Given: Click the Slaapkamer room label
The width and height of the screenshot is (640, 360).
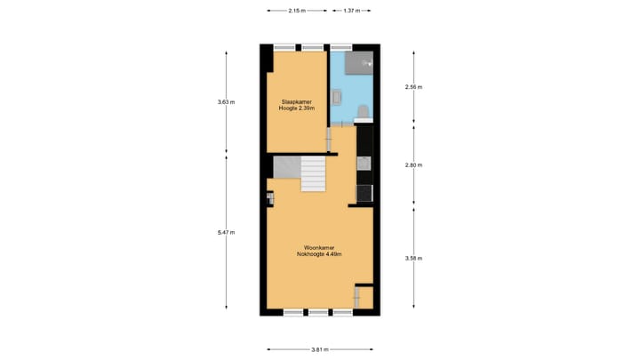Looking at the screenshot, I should (x=297, y=101).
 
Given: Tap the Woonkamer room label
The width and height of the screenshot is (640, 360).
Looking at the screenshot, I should (x=319, y=247).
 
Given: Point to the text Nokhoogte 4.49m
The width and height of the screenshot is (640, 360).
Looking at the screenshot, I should (x=319, y=254).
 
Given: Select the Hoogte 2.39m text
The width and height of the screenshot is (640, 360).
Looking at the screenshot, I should (x=297, y=108).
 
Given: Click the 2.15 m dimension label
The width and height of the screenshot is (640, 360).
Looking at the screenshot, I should (x=297, y=11).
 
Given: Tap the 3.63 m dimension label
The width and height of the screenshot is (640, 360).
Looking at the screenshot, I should (x=226, y=102).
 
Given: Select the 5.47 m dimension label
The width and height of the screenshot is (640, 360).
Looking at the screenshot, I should (x=226, y=232).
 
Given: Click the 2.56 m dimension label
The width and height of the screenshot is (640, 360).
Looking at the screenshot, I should (x=413, y=87).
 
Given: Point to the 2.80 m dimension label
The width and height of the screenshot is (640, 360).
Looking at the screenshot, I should (x=413, y=165).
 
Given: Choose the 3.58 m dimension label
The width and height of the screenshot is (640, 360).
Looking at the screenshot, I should (x=413, y=259).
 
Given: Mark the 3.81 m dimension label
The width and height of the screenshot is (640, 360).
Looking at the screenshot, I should (x=320, y=349).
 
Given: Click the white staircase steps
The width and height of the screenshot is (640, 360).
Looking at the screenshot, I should (x=314, y=173).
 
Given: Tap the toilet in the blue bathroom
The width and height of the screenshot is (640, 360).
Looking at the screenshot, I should (x=362, y=111).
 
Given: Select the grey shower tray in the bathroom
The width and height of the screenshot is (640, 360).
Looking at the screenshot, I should (x=359, y=62).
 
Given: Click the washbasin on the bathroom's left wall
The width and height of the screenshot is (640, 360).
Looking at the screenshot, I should (x=336, y=97).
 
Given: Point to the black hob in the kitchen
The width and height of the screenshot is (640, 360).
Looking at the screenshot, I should (x=363, y=192).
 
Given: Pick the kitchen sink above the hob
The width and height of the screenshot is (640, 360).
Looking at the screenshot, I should (x=363, y=163).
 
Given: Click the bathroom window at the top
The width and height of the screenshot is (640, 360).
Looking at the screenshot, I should (x=342, y=47).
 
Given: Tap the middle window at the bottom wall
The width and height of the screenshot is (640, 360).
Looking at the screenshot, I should (x=318, y=312).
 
